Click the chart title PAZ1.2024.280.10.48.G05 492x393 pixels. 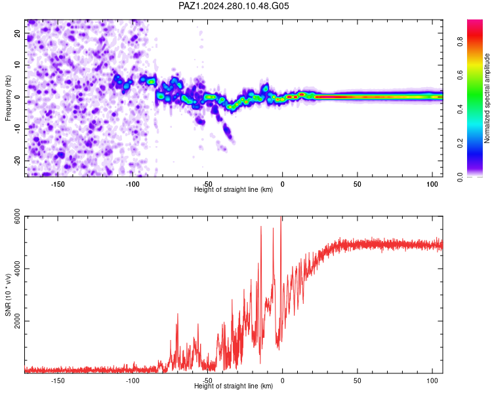point(234,6)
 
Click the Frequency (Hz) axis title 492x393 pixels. point(8,98)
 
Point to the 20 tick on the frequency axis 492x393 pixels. point(17,33)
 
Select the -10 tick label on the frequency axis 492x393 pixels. point(17,128)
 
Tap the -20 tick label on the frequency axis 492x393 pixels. point(17,160)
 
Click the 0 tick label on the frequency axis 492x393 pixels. point(17,97)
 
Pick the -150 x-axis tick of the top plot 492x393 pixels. point(58,184)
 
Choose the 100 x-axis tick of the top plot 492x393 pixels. point(432,184)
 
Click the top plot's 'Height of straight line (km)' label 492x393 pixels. point(234,189)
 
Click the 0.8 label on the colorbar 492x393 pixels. point(460,42)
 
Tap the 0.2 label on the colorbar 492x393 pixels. point(460,143)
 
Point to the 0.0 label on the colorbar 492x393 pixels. point(460,177)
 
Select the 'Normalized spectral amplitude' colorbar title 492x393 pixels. point(487,98)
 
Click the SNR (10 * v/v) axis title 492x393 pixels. point(8,295)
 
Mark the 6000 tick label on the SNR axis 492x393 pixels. point(17,216)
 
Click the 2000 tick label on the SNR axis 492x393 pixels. point(17,320)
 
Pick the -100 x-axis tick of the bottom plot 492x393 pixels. point(133,381)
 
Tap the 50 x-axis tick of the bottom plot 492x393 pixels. point(358,381)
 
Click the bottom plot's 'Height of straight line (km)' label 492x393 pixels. point(234,386)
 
